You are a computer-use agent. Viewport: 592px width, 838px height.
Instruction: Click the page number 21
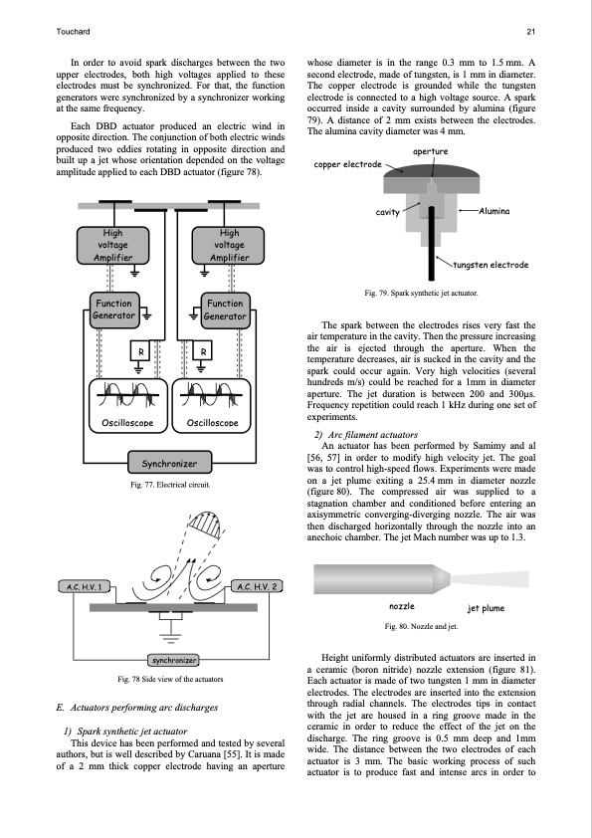530,32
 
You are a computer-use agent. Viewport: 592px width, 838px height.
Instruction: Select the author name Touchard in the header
73,32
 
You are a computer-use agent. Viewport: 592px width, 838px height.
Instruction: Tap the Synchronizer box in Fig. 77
170,463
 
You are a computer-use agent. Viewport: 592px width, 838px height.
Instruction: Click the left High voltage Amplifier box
112,245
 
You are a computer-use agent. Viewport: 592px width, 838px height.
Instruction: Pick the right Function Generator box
225,310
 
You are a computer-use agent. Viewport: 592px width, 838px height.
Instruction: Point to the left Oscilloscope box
127,406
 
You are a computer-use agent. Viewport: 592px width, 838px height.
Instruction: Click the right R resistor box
203,351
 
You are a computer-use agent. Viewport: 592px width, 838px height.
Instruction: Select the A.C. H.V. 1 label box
84,587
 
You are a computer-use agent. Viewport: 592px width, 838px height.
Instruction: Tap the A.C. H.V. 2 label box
257,587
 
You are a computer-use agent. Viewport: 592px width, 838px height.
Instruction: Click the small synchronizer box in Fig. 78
173,661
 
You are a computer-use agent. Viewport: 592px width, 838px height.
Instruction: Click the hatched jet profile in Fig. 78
206,524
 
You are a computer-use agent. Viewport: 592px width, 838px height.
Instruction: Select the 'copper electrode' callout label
348,164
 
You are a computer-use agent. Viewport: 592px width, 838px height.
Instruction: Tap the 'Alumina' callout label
494,212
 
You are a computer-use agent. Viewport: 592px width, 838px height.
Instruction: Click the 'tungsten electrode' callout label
492,265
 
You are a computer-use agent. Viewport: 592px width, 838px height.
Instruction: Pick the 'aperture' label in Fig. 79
430,152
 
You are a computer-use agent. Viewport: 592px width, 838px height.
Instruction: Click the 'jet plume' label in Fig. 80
486,608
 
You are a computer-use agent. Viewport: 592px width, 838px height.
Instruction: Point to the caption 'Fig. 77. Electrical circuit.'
170,485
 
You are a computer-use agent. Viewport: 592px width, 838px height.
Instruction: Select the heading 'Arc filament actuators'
366,435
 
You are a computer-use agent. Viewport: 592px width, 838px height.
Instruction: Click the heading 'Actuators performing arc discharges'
137,708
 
